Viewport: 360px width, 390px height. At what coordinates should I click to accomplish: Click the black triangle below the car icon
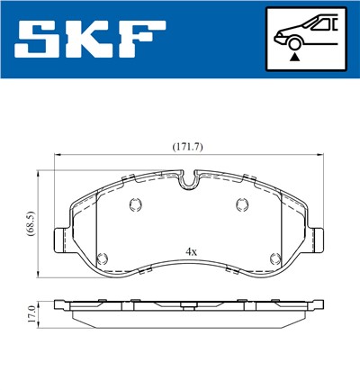point(294,56)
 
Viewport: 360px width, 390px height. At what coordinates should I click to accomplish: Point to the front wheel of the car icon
point(294,41)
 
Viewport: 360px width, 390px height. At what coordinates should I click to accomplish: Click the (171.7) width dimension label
point(189,146)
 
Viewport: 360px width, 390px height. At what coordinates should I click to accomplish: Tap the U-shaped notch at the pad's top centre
point(189,181)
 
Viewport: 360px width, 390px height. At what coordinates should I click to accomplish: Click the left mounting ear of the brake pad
point(62,239)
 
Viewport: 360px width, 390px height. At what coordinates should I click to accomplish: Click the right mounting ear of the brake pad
point(316,239)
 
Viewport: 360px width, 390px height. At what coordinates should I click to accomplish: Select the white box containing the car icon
point(307,39)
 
